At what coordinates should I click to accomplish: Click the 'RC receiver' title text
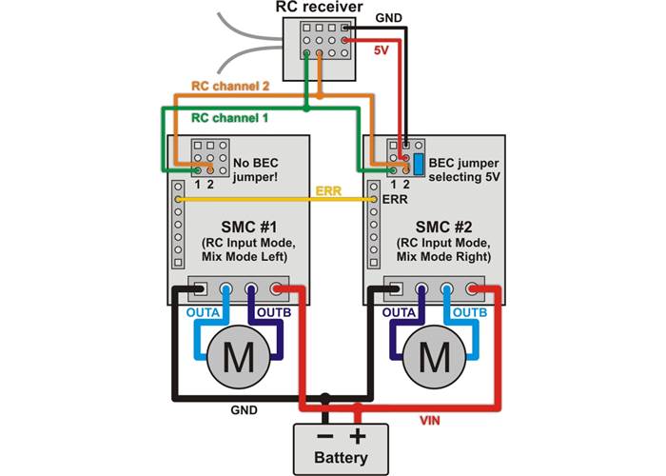318,8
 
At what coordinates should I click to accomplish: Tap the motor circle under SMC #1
234,357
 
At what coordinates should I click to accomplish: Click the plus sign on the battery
358,437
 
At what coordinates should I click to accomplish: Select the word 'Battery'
341,459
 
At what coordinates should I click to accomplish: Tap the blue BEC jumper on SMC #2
419,158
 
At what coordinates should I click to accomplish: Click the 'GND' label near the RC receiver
388,17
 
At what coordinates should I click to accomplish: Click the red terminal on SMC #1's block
278,290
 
